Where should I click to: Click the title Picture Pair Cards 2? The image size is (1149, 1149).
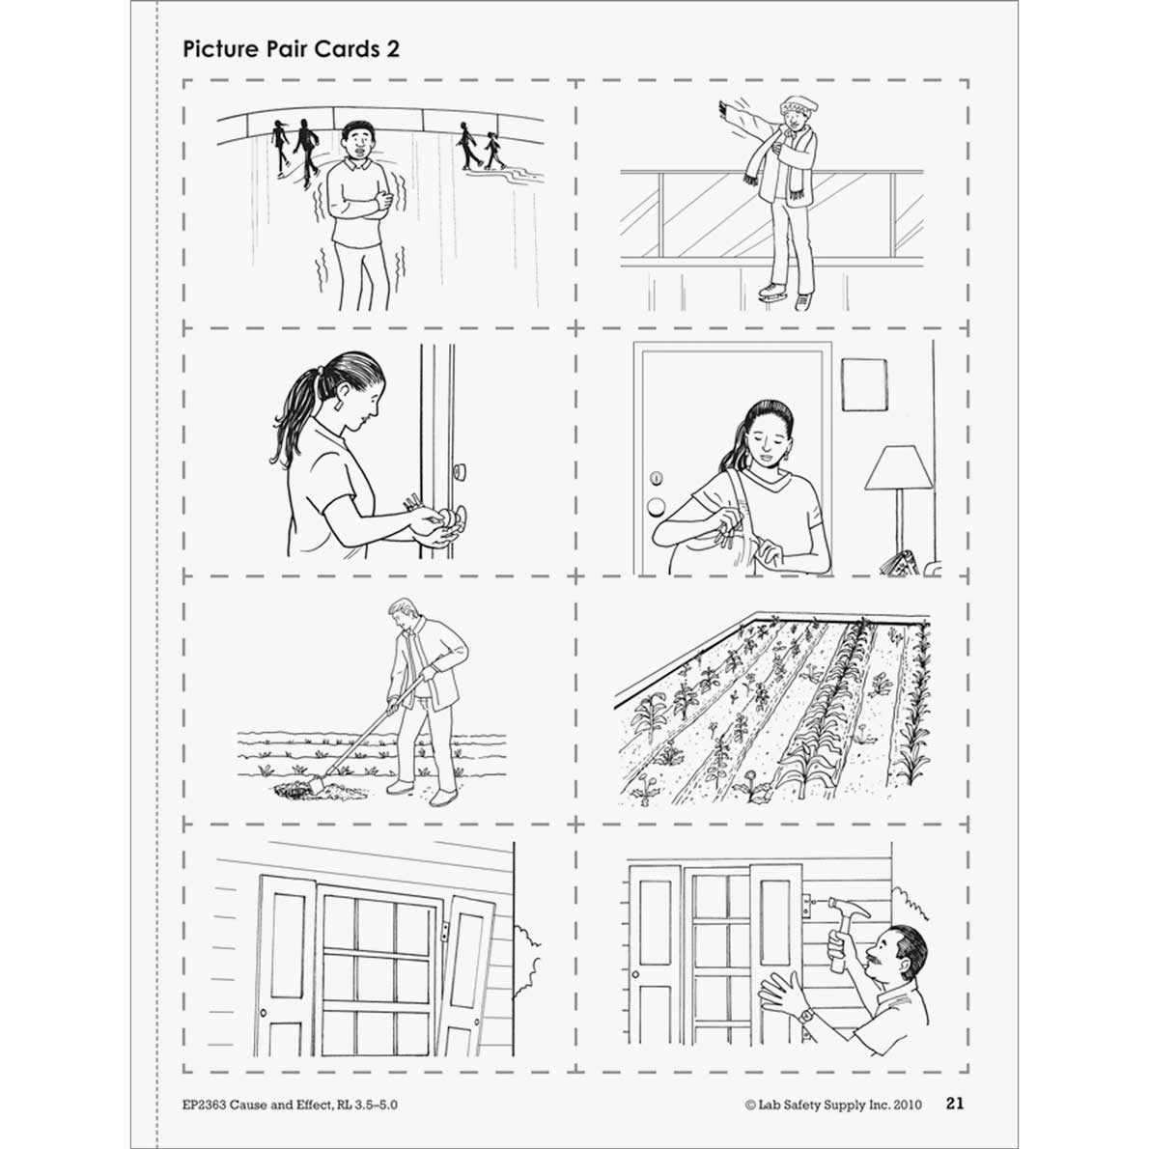[x=291, y=49]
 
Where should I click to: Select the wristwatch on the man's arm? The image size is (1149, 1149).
[x=804, y=1015]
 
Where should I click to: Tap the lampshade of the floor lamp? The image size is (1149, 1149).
[x=899, y=469]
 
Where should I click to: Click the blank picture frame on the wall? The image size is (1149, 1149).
[x=864, y=384]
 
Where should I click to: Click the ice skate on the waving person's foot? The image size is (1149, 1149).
[x=770, y=291]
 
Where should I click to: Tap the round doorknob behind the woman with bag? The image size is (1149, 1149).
[x=657, y=506]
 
